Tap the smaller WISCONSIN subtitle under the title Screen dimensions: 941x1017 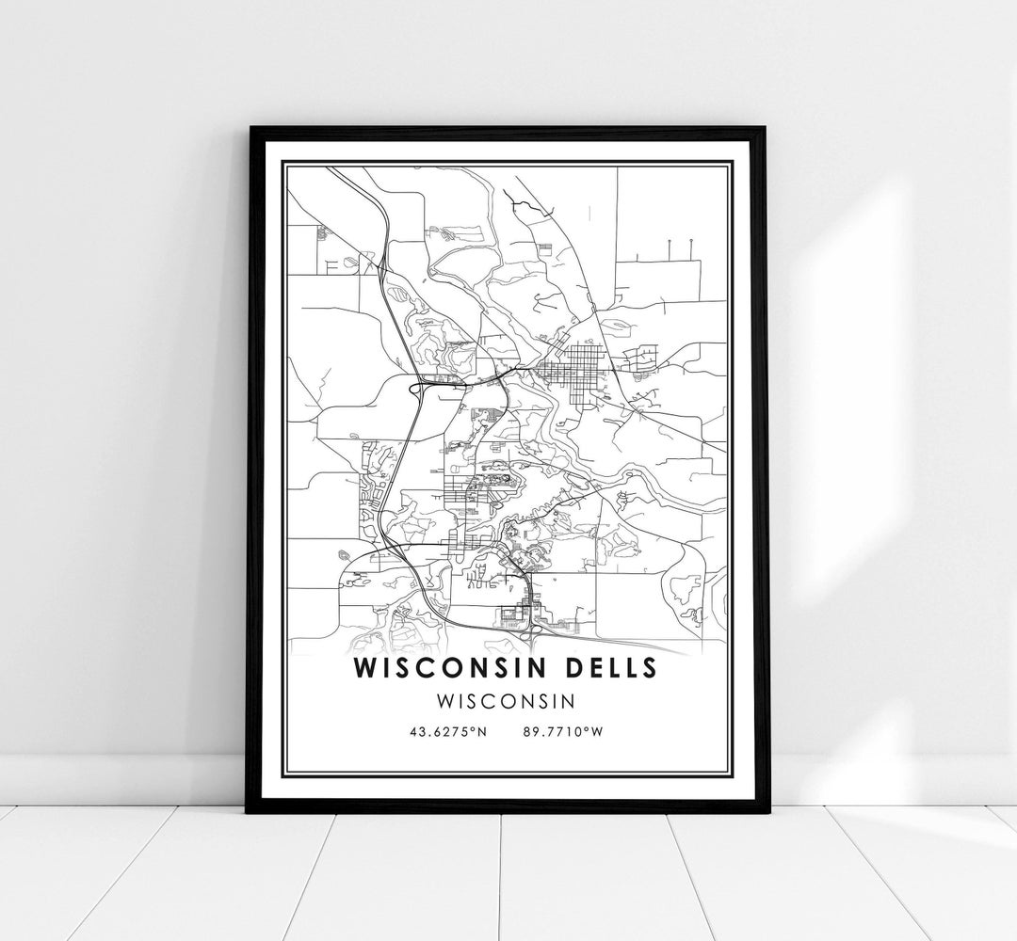click(x=508, y=701)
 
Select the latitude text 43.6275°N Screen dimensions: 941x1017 click(x=447, y=731)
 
